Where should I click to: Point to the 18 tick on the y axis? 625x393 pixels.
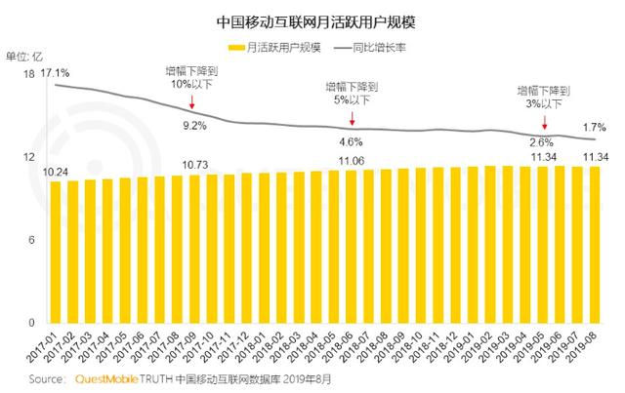pyautogui.click(x=29, y=74)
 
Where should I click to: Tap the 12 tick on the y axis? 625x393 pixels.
pyautogui.click(x=29, y=157)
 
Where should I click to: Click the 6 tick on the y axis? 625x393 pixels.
pyautogui.click(x=32, y=240)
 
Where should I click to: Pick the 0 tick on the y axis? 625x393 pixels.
pyautogui.click(x=32, y=323)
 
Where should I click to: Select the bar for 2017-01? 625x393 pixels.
pyautogui.click(x=56, y=252)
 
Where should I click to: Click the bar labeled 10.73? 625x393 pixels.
pyautogui.click(x=195, y=249)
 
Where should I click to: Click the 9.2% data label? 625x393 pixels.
pyautogui.click(x=195, y=126)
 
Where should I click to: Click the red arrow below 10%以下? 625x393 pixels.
pyautogui.click(x=194, y=105)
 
